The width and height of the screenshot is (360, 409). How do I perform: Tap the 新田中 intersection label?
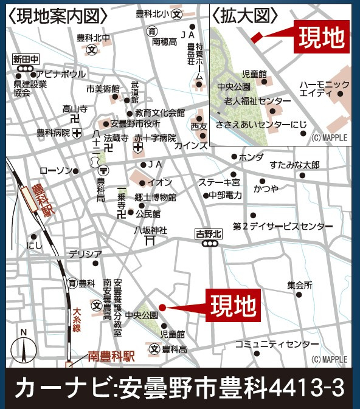click(26, 59)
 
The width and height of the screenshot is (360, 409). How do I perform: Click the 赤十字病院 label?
click(155, 137)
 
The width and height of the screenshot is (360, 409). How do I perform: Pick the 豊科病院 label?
click(53, 132)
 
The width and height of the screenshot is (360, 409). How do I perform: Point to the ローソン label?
click(55, 171)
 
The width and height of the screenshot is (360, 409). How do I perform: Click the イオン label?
click(160, 182)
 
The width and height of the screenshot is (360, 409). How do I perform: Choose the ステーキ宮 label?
click(220, 182)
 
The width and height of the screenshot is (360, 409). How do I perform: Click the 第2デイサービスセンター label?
click(283, 226)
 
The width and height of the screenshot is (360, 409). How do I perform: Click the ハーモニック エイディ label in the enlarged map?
click(325, 88)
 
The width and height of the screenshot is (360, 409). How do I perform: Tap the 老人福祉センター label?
click(257, 100)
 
